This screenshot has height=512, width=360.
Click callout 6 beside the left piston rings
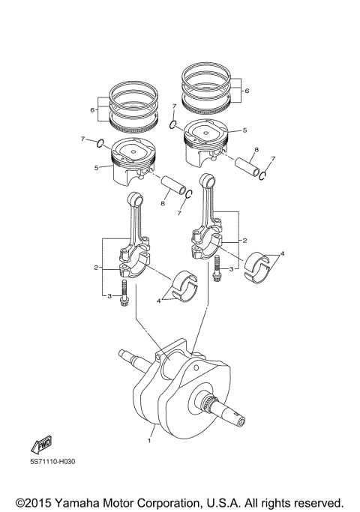point(92,109)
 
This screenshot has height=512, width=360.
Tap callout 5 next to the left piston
point(97,167)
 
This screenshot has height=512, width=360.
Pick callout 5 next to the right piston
point(244,130)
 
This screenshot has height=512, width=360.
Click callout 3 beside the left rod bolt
point(109,297)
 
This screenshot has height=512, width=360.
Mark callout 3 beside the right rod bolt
point(232,268)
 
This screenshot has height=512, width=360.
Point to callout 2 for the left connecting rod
point(97,267)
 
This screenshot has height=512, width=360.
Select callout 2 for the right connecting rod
point(244,241)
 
